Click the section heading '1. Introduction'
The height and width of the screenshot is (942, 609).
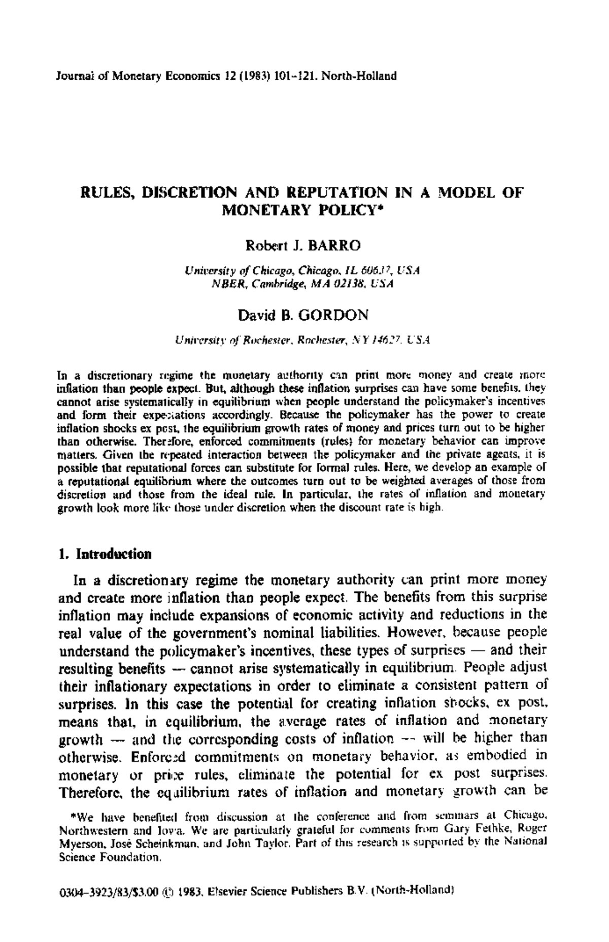(106, 554)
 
